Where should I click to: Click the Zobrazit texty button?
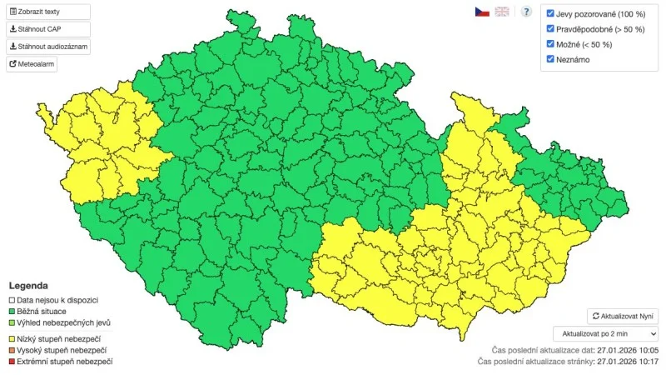tap(48, 12)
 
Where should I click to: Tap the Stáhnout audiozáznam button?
tap(48, 46)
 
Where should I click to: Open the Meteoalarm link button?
tap(32, 63)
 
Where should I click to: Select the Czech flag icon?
tap(482, 12)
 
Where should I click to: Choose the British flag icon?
tap(502, 12)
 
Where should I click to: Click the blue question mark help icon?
tap(526, 12)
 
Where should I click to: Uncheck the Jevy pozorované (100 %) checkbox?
tap(550, 14)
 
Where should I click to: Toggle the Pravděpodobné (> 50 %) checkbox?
tap(550, 29)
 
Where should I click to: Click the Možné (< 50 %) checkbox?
tap(550, 44)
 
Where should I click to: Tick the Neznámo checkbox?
tap(550, 59)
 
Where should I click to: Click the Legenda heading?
tap(27, 285)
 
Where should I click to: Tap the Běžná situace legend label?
tap(47, 311)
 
